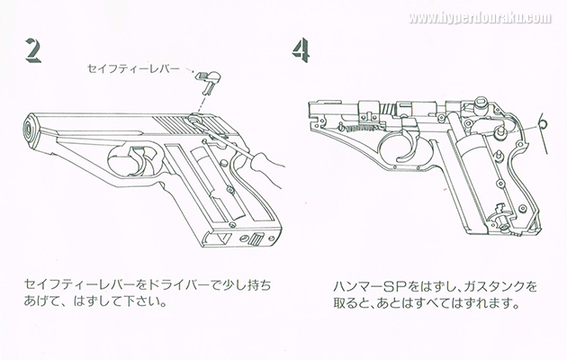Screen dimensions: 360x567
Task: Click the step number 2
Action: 34,53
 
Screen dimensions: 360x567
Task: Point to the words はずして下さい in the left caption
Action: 118,302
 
